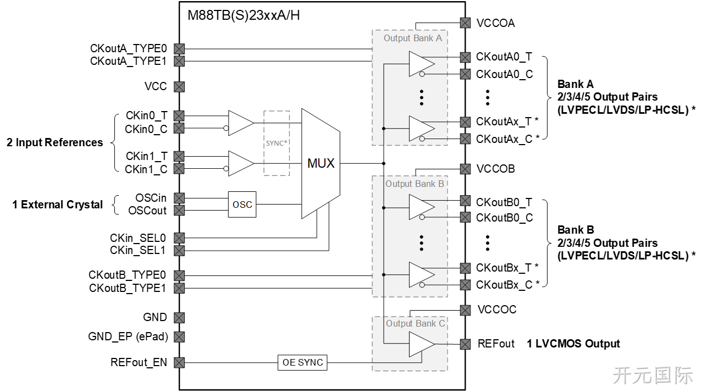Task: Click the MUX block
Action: pyautogui.click(x=320, y=163)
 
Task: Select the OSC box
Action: pyautogui.click(x=242, y=205)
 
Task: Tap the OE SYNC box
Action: pyautogui.click(x=302, y=362)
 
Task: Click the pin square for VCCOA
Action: pyautogui.click(x=465, y=23)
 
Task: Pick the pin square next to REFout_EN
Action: pyautogui.click(x=179, y=362)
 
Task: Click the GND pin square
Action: pyautogui.click(x=179, y=317)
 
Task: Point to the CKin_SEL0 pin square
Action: pyautogui.click(x=179, y=238)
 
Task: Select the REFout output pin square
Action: pyautogui.click(x=465, y=344)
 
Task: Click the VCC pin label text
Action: pyautogui.click(x=156, y=86)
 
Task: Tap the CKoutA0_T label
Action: pyautogui.click(x=504, y=57)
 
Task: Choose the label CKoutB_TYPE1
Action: pyautogui.click(x=127, y=288)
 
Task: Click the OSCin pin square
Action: pyautogui.click(x=179, y=198)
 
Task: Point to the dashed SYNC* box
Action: pyautogui.click(x=277, y=143)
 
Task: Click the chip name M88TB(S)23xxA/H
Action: pyautogui.click(x=244, y=15)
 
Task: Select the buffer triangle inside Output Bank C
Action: pyautogui.click(x=422, y=344)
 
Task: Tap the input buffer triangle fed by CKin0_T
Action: pyautogui.click(x=241, y=123)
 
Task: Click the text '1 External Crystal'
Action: pyautogui.click(x=57, y=205)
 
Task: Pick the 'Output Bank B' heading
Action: pyautogui.click(x=414, y=184)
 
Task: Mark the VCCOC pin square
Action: pyautogui.click(x=465, y=310)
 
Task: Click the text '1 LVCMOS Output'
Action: pyautogui.click(x=573, y=344)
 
